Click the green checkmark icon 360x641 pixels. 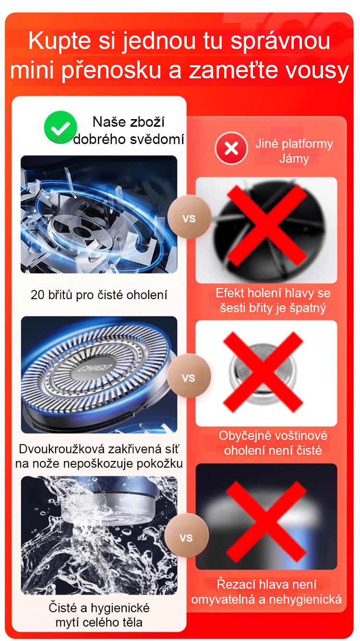point(60,127)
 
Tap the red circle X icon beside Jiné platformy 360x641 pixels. point(231,148)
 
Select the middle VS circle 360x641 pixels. point(189,376)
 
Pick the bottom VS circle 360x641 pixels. point(187,535)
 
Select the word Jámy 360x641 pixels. point(294,158)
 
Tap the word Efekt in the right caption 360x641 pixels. point(230,293)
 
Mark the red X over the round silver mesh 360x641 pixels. point(263,372)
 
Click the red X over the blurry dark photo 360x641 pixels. point(266,521)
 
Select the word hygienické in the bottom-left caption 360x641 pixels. point(120,608)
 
